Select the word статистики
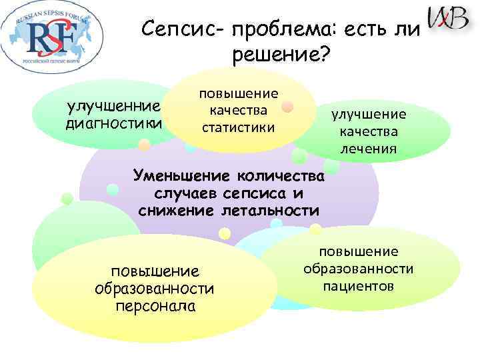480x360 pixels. tap(238, 125)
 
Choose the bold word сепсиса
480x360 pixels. tap(257, 194)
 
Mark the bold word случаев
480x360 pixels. tap(186, 194)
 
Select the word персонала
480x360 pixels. tap(155, 306)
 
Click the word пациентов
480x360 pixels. tap(359, 285)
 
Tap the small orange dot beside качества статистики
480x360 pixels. tap(287, 107)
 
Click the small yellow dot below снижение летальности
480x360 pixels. tap(225, 233)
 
